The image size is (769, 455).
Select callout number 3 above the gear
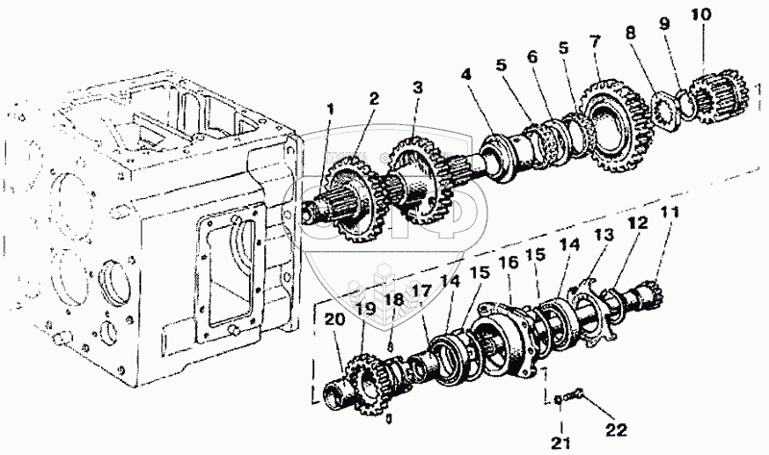point(416,87)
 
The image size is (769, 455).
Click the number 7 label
point(596,41)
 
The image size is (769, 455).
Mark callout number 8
point(630,32)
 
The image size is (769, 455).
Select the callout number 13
point(604,236)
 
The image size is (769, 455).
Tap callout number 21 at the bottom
point(561,443)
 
